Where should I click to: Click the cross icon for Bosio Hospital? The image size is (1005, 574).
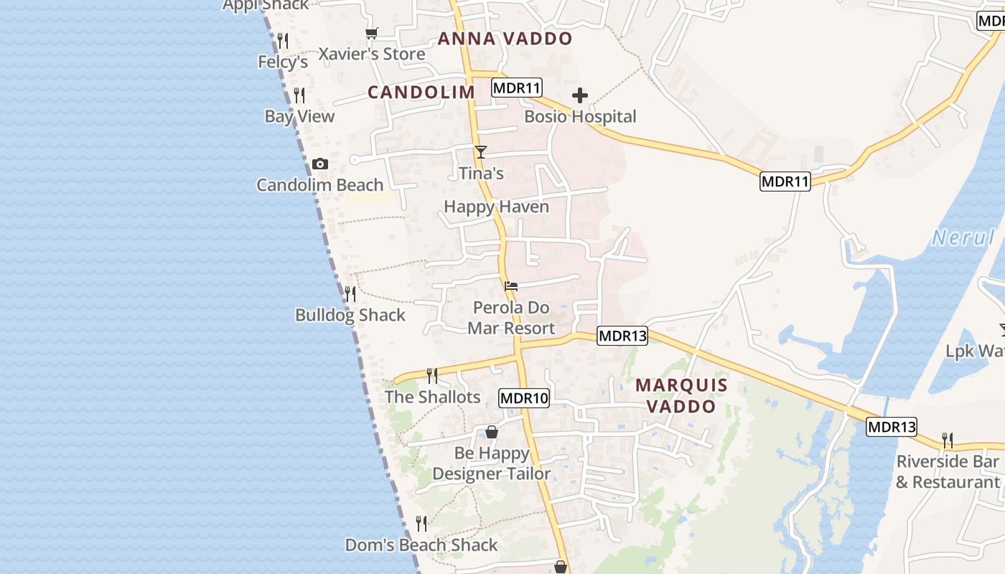tap(579, 95)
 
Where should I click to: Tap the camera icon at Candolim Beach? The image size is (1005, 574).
tap(320, 164)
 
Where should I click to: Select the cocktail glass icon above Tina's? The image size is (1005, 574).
tap(480, 152)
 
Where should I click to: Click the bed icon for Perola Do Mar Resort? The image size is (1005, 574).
tap(511, 286)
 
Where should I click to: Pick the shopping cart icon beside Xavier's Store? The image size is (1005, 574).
tap(371, 33)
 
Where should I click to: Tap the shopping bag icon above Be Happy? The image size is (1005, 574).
tap(492, 432)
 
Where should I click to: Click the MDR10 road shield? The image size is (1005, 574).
tap(524, 398)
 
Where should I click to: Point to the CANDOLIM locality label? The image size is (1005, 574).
tap(421, 92)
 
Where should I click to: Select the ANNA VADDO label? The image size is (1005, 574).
tap(505, 39)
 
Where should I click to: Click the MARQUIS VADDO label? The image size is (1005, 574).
tap(681, 395)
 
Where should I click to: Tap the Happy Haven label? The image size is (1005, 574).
tap(496, 207)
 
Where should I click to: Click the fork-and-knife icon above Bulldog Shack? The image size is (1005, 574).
tap(350, 293)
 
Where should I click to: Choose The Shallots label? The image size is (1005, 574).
tap(432, 397)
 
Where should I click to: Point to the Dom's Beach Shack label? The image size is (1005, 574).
tap(421, 545)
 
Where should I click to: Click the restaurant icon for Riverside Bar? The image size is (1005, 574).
tap(948, 440)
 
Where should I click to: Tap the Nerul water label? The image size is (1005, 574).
tap(963, 237)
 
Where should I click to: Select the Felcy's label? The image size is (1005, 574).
tap(283, 62)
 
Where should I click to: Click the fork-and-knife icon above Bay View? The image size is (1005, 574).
tap(299, 95)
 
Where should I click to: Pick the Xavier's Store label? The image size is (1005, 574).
tap(372, 54)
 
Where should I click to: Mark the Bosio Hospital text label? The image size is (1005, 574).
tap(580, 116)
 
